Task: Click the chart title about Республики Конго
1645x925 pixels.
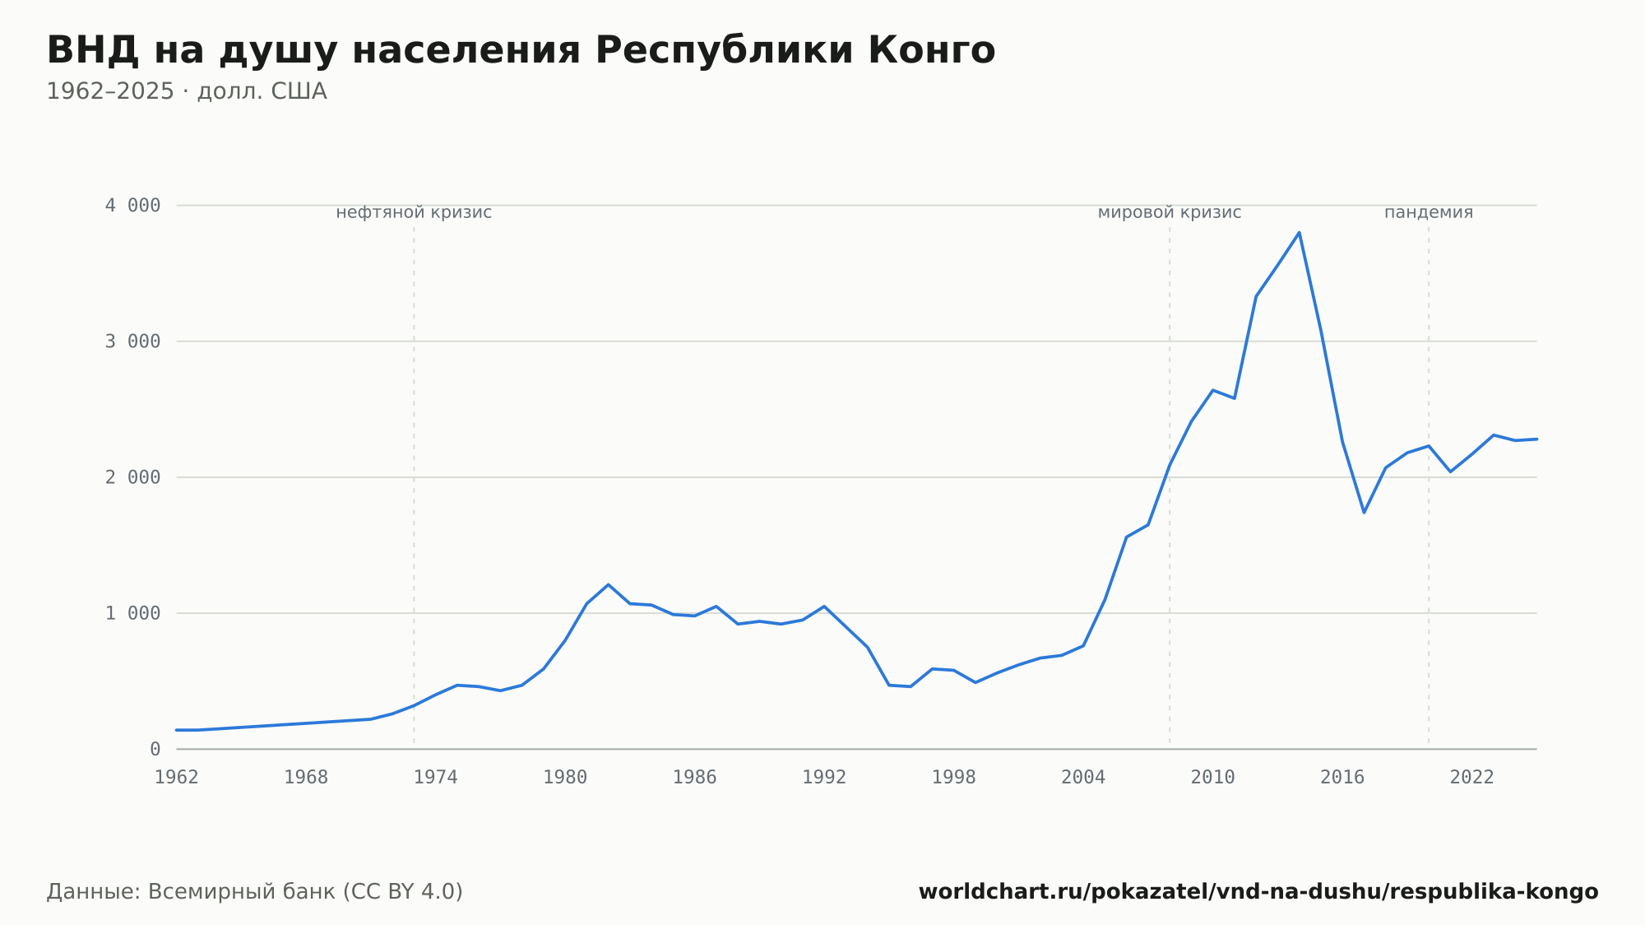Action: [x=521, y=51]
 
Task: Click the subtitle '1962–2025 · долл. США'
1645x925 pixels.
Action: [x=187, y=91]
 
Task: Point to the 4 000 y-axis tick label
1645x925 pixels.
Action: [x=132, y=206]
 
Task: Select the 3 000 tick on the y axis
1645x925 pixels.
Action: [x=132, y=342]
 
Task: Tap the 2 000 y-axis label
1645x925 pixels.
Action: [x=132, y=477]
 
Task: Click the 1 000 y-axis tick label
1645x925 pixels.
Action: [x=132, y=613]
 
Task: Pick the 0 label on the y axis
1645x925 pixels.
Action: [x=155, y=750]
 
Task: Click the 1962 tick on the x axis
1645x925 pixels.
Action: [x=177, y=778]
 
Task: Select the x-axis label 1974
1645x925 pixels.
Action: [x=436, y=778]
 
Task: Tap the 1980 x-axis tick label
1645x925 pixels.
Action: [x=565, y=778]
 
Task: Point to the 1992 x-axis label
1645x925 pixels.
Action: [x=824, y=778]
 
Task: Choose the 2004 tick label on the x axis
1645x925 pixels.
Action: [x=1083, y=778]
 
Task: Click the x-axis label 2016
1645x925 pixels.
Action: [x=1342, y=778]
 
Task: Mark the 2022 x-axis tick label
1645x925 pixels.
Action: [x=1472, y=778]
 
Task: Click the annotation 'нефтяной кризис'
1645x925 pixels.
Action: [x=414, y=213]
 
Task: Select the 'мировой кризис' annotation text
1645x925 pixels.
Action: [x=1170, y=213]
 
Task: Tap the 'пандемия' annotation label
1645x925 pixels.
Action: [x=1429, y=213]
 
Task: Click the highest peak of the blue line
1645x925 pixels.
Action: [x=1299, y=233]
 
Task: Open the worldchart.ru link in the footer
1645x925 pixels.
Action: [x=1258, y=892]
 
